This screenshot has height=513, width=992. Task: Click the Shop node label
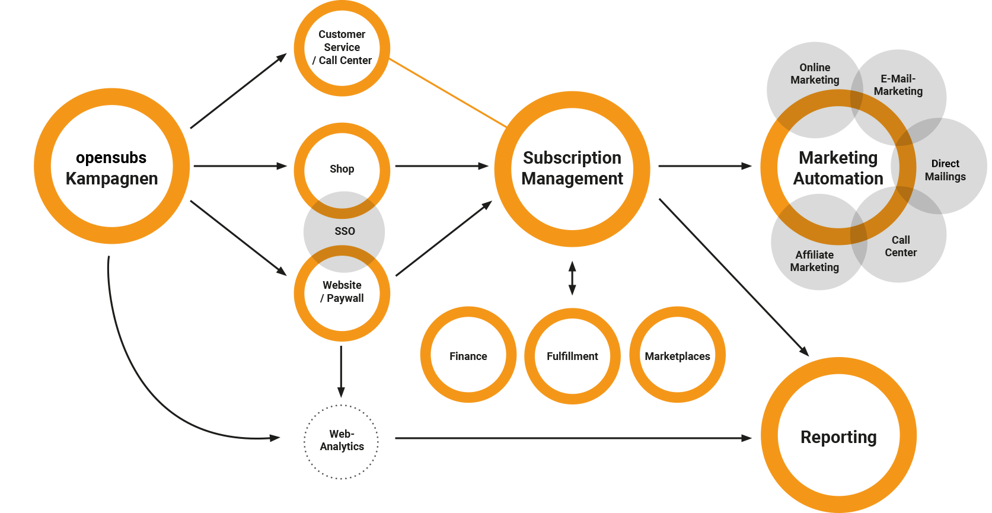342,169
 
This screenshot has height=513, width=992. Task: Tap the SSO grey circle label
345,231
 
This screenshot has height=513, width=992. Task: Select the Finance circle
426,355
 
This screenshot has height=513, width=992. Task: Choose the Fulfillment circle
530,356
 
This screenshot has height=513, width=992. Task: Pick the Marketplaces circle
634,355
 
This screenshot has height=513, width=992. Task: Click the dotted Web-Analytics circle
304,442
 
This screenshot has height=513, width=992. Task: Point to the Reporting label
838,437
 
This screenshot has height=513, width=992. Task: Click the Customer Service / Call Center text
342,47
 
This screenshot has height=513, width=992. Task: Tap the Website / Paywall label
342,292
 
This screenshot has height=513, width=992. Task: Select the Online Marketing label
815,74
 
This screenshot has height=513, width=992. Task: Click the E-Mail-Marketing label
898,85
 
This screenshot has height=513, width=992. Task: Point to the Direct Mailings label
945,170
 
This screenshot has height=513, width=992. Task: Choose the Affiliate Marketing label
815,261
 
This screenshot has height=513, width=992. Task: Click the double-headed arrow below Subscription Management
572,278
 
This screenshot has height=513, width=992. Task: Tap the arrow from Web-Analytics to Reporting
573,438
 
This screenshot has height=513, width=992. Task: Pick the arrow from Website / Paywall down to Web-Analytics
341,372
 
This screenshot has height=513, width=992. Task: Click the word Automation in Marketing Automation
838,179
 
